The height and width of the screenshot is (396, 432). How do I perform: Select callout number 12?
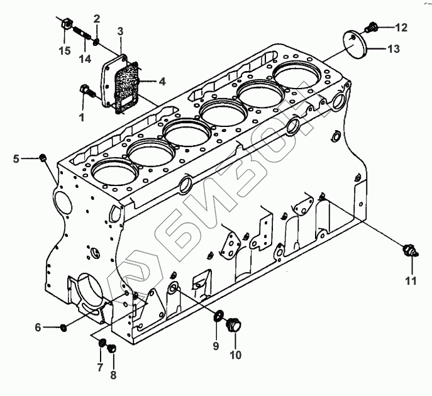pos(401,27)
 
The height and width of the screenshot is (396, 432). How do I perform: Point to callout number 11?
pos(411,281)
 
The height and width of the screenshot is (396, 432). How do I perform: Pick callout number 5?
pos(16,158)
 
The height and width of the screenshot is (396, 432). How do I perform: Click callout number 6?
pos(38,327)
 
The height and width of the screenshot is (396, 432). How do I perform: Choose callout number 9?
pos(100,366)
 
